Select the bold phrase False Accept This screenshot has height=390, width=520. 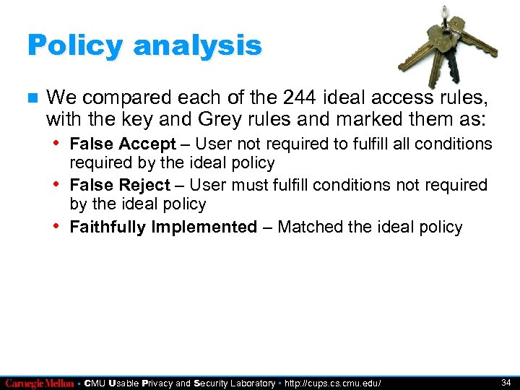pyautogui.click(x=123, y=144)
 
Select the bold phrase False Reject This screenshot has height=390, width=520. pyautogui.click(x=120, y=186)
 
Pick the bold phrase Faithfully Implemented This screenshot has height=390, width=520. pyautogui.click(x=163, y=227)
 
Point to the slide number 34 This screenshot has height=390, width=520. pyautogui.click(x=506, y=382)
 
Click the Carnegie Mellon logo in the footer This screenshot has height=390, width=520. pyautogui.click(x=39, y=383)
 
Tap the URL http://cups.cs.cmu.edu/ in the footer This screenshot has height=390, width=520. pyautogui.click(x=332, y=383)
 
